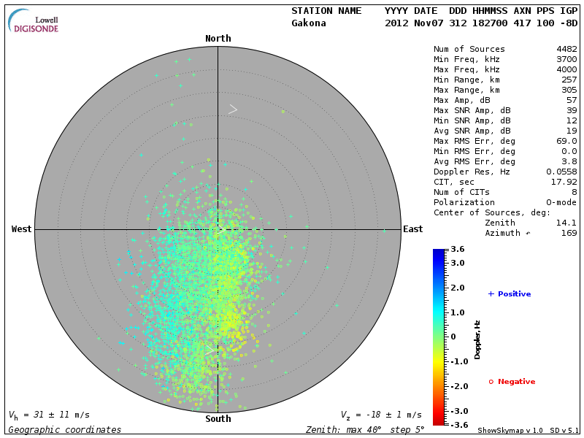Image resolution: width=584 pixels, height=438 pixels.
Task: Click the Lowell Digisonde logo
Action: click(x=34, y=21)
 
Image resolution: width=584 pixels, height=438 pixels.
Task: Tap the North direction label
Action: click(x=218, y=39)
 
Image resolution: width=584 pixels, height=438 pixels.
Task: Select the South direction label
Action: click(x=218, y=419)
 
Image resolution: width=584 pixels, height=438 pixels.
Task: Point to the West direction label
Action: click(x=22, y=229)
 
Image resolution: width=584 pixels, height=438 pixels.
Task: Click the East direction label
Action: click(x=412, y=229)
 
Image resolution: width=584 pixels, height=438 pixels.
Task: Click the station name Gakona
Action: click(x=309, y=23)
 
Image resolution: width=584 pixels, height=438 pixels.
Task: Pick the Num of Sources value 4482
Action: click(x=566, y=50)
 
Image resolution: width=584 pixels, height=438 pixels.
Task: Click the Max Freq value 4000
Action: click(x=566, y=69)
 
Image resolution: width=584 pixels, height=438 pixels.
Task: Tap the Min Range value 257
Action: click(x=569, y=80)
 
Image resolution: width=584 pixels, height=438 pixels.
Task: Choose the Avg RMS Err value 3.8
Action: click(x=569, y=161)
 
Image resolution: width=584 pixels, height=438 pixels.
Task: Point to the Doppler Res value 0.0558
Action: click(x=561, y=172)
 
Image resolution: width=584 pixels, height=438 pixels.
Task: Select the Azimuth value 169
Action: click(x=569, y=233)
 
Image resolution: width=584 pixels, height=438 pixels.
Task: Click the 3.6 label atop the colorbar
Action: click(x=458, y=250)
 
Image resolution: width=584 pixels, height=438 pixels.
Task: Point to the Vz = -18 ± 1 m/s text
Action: click(x=381, y=415)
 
